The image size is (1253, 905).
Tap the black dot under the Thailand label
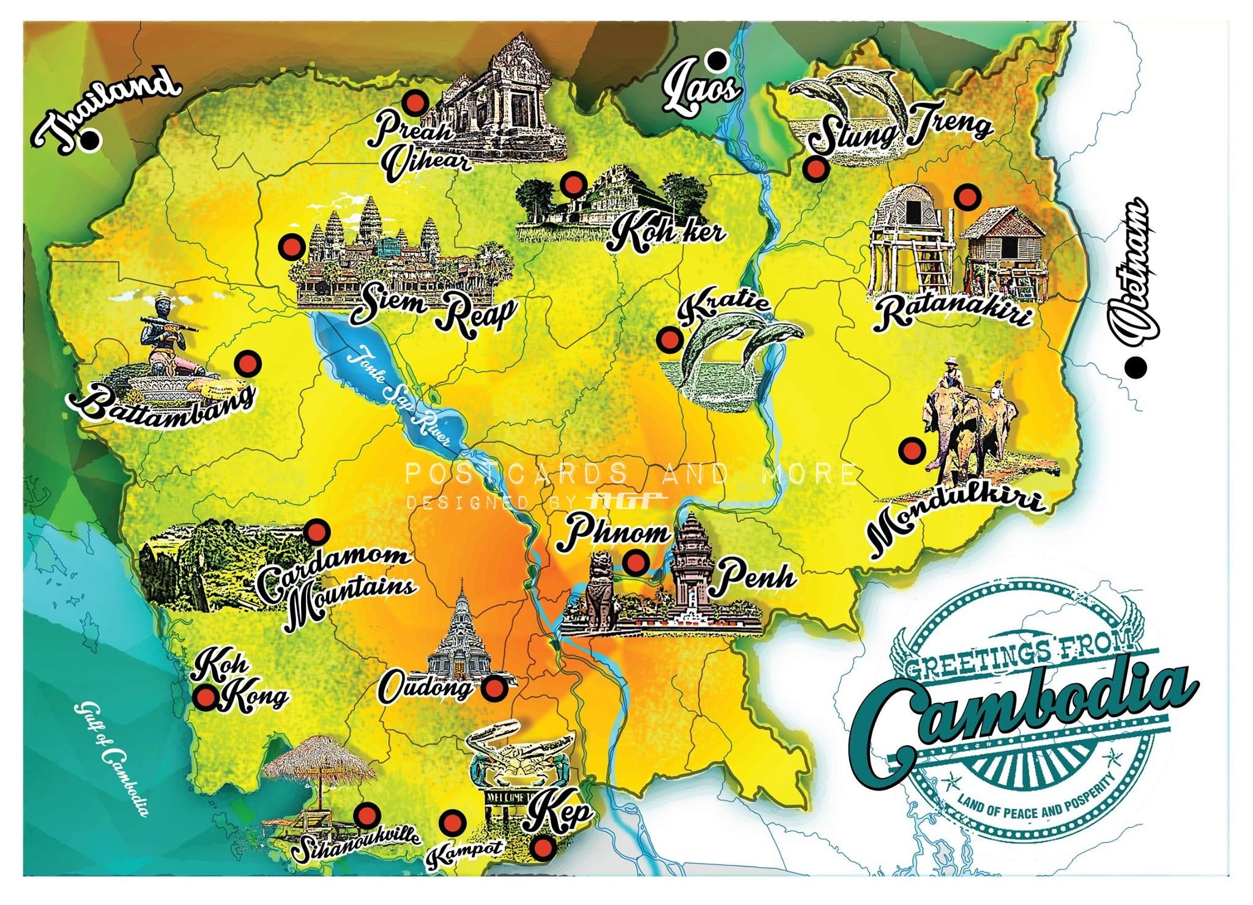[91, 141]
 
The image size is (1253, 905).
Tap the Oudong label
[426, 688]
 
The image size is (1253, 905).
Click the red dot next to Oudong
[494, 689]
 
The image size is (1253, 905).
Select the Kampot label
[465, 853]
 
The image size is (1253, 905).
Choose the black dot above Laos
[716, 60]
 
